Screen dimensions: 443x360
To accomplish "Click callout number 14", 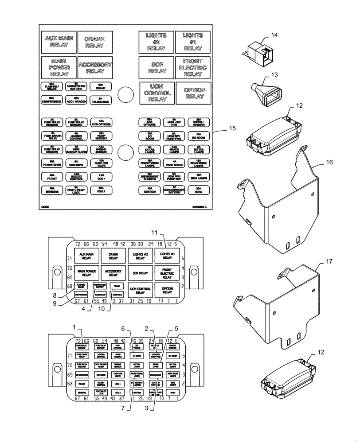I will [274, 35].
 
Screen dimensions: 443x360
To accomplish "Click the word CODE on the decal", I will [45, 206].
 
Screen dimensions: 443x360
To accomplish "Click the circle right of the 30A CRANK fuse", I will [125, 93].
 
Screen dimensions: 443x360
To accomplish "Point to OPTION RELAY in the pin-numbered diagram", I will [167, 290].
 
